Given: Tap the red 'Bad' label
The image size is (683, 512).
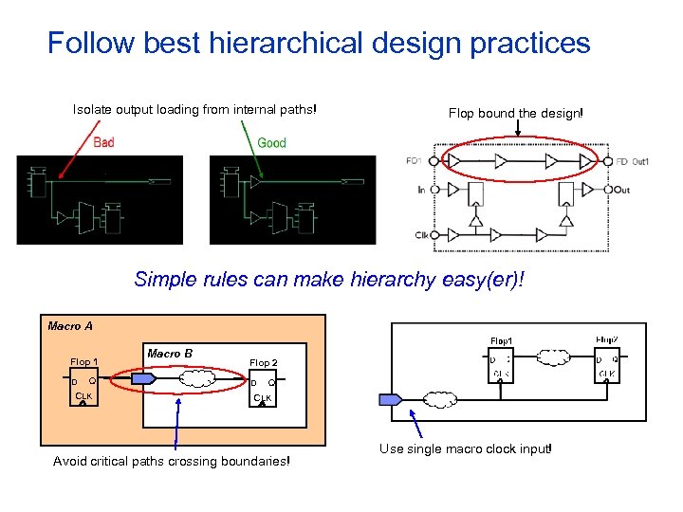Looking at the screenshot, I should tap(103, 142).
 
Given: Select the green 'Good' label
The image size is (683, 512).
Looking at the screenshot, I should tap(271, 142).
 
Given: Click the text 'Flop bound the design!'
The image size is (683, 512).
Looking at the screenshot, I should tap(516, 113).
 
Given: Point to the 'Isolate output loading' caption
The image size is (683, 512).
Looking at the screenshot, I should tap(194, 109).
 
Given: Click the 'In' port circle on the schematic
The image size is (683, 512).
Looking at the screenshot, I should tap(434, 191).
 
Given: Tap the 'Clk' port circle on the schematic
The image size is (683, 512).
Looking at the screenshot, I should tap(434, 235).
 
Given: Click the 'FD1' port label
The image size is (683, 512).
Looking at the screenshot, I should tap(415, 161).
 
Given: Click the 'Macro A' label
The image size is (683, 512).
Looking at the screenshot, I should tap(70, 326).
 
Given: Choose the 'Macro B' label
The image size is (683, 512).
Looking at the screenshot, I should tap(170, 354).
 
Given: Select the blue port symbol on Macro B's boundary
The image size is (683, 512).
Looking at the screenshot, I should tap(142, 378).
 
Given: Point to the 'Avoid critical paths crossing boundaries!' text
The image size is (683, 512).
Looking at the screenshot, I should tap(172, 462).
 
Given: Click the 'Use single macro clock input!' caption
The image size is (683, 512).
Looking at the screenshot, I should tap(465, 448).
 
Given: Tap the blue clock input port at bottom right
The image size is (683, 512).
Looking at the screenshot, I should tap(391, 399).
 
